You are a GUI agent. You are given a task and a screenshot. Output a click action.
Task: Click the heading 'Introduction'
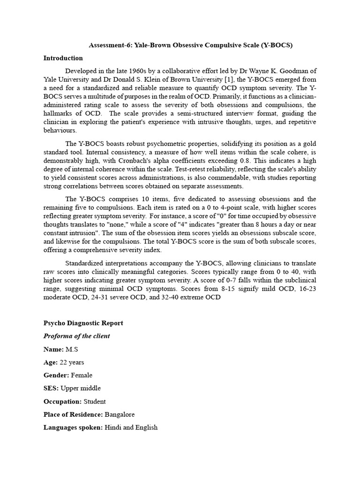coord(63,58)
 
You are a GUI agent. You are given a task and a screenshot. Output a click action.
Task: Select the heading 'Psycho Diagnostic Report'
coord(83,323)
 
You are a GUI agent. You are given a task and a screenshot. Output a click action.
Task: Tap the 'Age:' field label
coord(51,362)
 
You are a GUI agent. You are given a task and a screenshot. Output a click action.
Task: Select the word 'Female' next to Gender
coord(82,375)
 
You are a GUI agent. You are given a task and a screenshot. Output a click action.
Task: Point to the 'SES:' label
coord(51,388)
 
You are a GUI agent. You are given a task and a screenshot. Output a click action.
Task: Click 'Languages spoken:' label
coord(73,427)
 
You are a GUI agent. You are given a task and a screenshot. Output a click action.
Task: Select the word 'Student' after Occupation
coord(95,401)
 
